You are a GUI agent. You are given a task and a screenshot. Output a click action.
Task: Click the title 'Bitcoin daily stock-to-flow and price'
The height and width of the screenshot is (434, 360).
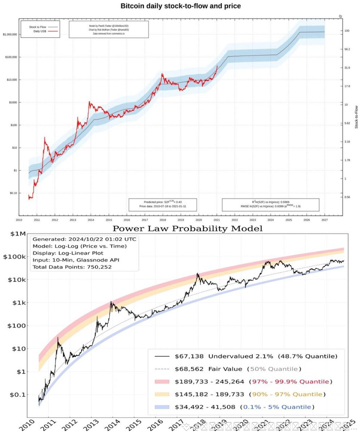pyautogui.click(x=181, y=6)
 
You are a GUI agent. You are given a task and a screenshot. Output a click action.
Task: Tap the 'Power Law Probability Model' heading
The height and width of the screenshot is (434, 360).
pyautogui.click(x=187, y=229)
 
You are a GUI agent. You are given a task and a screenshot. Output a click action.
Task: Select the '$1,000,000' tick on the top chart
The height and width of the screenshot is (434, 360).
pyautogui.click(x=10, y=35)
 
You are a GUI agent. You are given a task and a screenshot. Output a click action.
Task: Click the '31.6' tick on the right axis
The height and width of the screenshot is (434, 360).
pyautogui.click(x=347, y=68)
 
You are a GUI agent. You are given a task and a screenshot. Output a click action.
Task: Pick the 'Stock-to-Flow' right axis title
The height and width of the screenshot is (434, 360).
pyautogui.click(x=356, y=117)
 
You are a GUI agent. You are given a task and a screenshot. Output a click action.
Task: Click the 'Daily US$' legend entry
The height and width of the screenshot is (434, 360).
pyautogui.click(x=40, y=31)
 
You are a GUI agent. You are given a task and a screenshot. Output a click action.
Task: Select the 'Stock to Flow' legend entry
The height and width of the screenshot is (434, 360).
pyautogui.click(x=38, y=27)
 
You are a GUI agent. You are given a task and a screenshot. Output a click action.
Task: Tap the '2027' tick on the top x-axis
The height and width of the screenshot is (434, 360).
pyautogui.click(x=324, y=220)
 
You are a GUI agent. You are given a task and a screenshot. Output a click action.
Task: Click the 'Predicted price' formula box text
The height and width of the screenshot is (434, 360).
pyautogui.click(x=162, y=202)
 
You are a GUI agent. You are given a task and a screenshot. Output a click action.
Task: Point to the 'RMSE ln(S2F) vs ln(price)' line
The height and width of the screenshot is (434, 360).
pyautogui.click(x=271, y=206)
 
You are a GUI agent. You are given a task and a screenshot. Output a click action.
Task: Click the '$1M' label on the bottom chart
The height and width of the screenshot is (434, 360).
pyautogui.click(x=18, y=234)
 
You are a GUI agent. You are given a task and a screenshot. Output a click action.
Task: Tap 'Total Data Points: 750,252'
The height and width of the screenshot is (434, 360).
pyautogui.click(x=72, y=267)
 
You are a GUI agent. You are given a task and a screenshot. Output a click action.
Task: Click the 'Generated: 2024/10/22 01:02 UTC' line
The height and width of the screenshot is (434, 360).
pyautogui.click(x=84, y=239)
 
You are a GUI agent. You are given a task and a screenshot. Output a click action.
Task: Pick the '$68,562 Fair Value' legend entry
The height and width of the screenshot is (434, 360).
pyautogui.click(x=208, y=369)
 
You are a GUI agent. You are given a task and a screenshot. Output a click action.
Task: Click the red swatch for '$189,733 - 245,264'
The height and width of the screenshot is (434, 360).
pyautogui.click(x=162, y=382)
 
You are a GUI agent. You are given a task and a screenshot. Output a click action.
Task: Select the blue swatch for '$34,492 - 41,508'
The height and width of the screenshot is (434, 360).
pyautogui.click(x=162, y=407)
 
